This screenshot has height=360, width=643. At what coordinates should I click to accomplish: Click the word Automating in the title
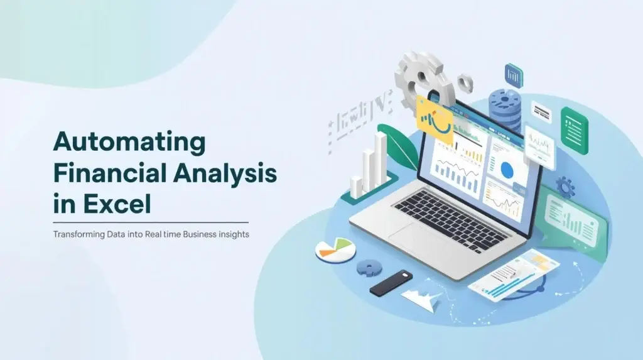click(x=129, y=142)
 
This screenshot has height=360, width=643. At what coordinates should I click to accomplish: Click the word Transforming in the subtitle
click(x=80, y=234)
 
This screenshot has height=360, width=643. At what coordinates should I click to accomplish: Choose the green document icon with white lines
click(x=574, y=129)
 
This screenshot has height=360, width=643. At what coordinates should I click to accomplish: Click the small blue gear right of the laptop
click(x=565, y=187)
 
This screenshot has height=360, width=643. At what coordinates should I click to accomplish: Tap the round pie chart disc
click(x=335, y=250)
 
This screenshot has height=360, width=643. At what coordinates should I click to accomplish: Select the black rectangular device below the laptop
click(x=391, y=283)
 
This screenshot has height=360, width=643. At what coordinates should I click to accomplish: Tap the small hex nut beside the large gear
click(x=465, y=81)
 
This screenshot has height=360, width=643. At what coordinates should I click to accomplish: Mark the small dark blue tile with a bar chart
click(x=514, y=75)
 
